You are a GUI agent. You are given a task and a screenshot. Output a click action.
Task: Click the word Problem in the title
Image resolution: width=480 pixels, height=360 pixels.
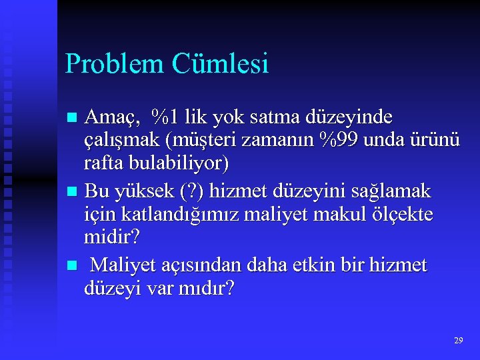114,64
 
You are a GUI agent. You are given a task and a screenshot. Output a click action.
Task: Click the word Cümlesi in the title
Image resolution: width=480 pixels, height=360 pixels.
220,64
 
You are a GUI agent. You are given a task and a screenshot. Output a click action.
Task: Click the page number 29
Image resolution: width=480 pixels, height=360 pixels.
458,341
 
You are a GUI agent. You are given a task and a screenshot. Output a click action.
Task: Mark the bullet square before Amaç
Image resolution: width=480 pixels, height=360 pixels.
73,119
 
